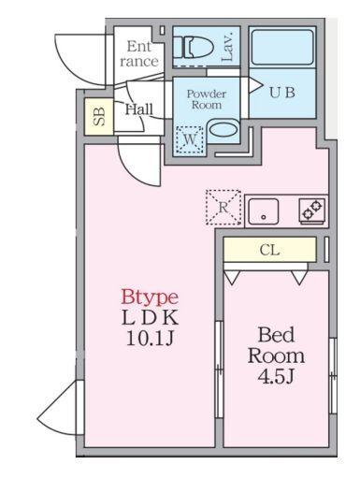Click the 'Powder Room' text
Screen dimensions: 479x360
206,99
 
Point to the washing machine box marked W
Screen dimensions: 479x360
190,138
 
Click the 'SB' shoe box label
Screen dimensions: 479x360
98,117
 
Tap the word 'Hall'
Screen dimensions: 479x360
138,109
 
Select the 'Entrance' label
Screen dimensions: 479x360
138,53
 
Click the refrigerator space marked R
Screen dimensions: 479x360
223,208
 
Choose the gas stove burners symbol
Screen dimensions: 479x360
312,210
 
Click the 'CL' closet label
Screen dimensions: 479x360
269,250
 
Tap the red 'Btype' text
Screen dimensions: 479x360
149,298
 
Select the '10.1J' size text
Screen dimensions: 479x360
150,338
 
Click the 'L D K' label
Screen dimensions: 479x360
150,317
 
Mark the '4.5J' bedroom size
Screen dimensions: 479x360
276,377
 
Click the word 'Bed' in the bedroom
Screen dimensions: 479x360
276,336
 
